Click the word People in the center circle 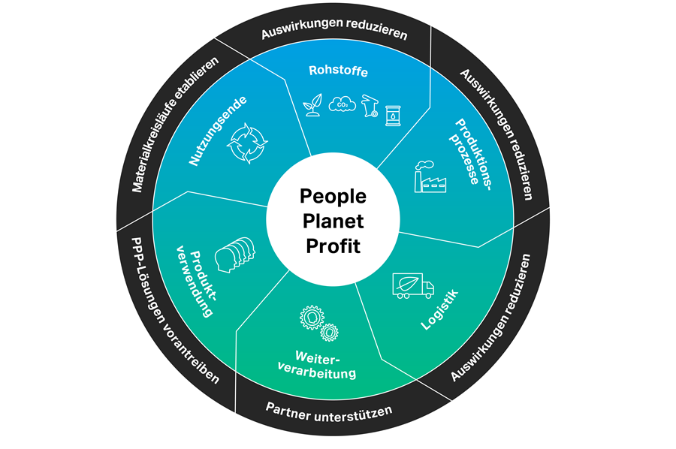coord(333,197)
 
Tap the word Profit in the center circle coord(333,246)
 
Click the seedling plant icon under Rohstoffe coord(311,107)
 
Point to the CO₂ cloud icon coord(340,105)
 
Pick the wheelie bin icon coord(369,107)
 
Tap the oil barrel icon coord(393,114)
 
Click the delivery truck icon coord(412,285)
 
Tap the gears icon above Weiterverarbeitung coord(318,323)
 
